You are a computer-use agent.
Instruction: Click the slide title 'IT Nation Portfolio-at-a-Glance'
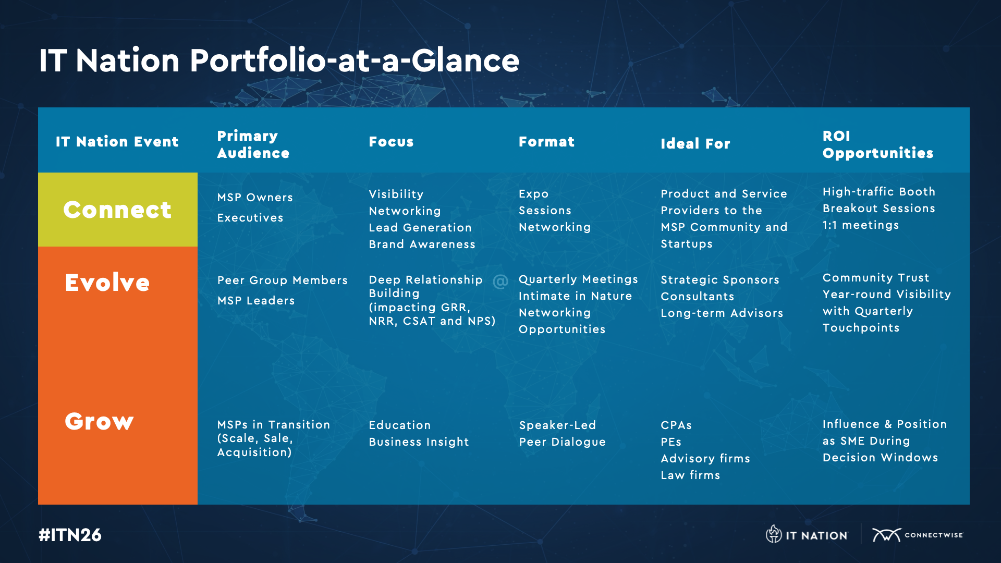(x=279, y=60)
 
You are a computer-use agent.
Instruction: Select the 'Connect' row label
(x=117, y=210)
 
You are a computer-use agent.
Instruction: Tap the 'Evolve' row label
(x=107, y=283)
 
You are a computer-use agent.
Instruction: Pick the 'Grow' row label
(x=99, y=421)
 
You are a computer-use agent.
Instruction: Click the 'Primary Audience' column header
(x=253, y=144)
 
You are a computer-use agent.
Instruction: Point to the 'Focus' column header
(x=391, y=142)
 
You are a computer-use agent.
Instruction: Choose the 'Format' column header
(x=546, y=142)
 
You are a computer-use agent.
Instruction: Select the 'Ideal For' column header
(x=695, y=144)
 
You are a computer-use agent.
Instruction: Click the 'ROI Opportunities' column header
(x=878, y=144)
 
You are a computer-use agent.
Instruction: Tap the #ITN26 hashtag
(x=70, y=535)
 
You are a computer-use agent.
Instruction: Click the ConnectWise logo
(x=918, y=535)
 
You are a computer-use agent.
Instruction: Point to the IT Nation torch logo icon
(x=774, y=534)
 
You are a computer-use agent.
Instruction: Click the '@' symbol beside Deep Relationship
(x=500, y=281)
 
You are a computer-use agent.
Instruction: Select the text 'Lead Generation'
(x=420, y=228)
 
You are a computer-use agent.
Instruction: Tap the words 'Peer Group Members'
(x=283, y=280)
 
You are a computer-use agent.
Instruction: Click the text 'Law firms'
(x=690, y=475)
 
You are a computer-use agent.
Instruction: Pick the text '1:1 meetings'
(x=861, y=225)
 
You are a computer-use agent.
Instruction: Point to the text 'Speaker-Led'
(x=557, y=425)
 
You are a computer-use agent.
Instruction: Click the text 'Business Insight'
(x=419, y=442)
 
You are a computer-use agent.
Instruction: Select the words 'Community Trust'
(x=876, y=278)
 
